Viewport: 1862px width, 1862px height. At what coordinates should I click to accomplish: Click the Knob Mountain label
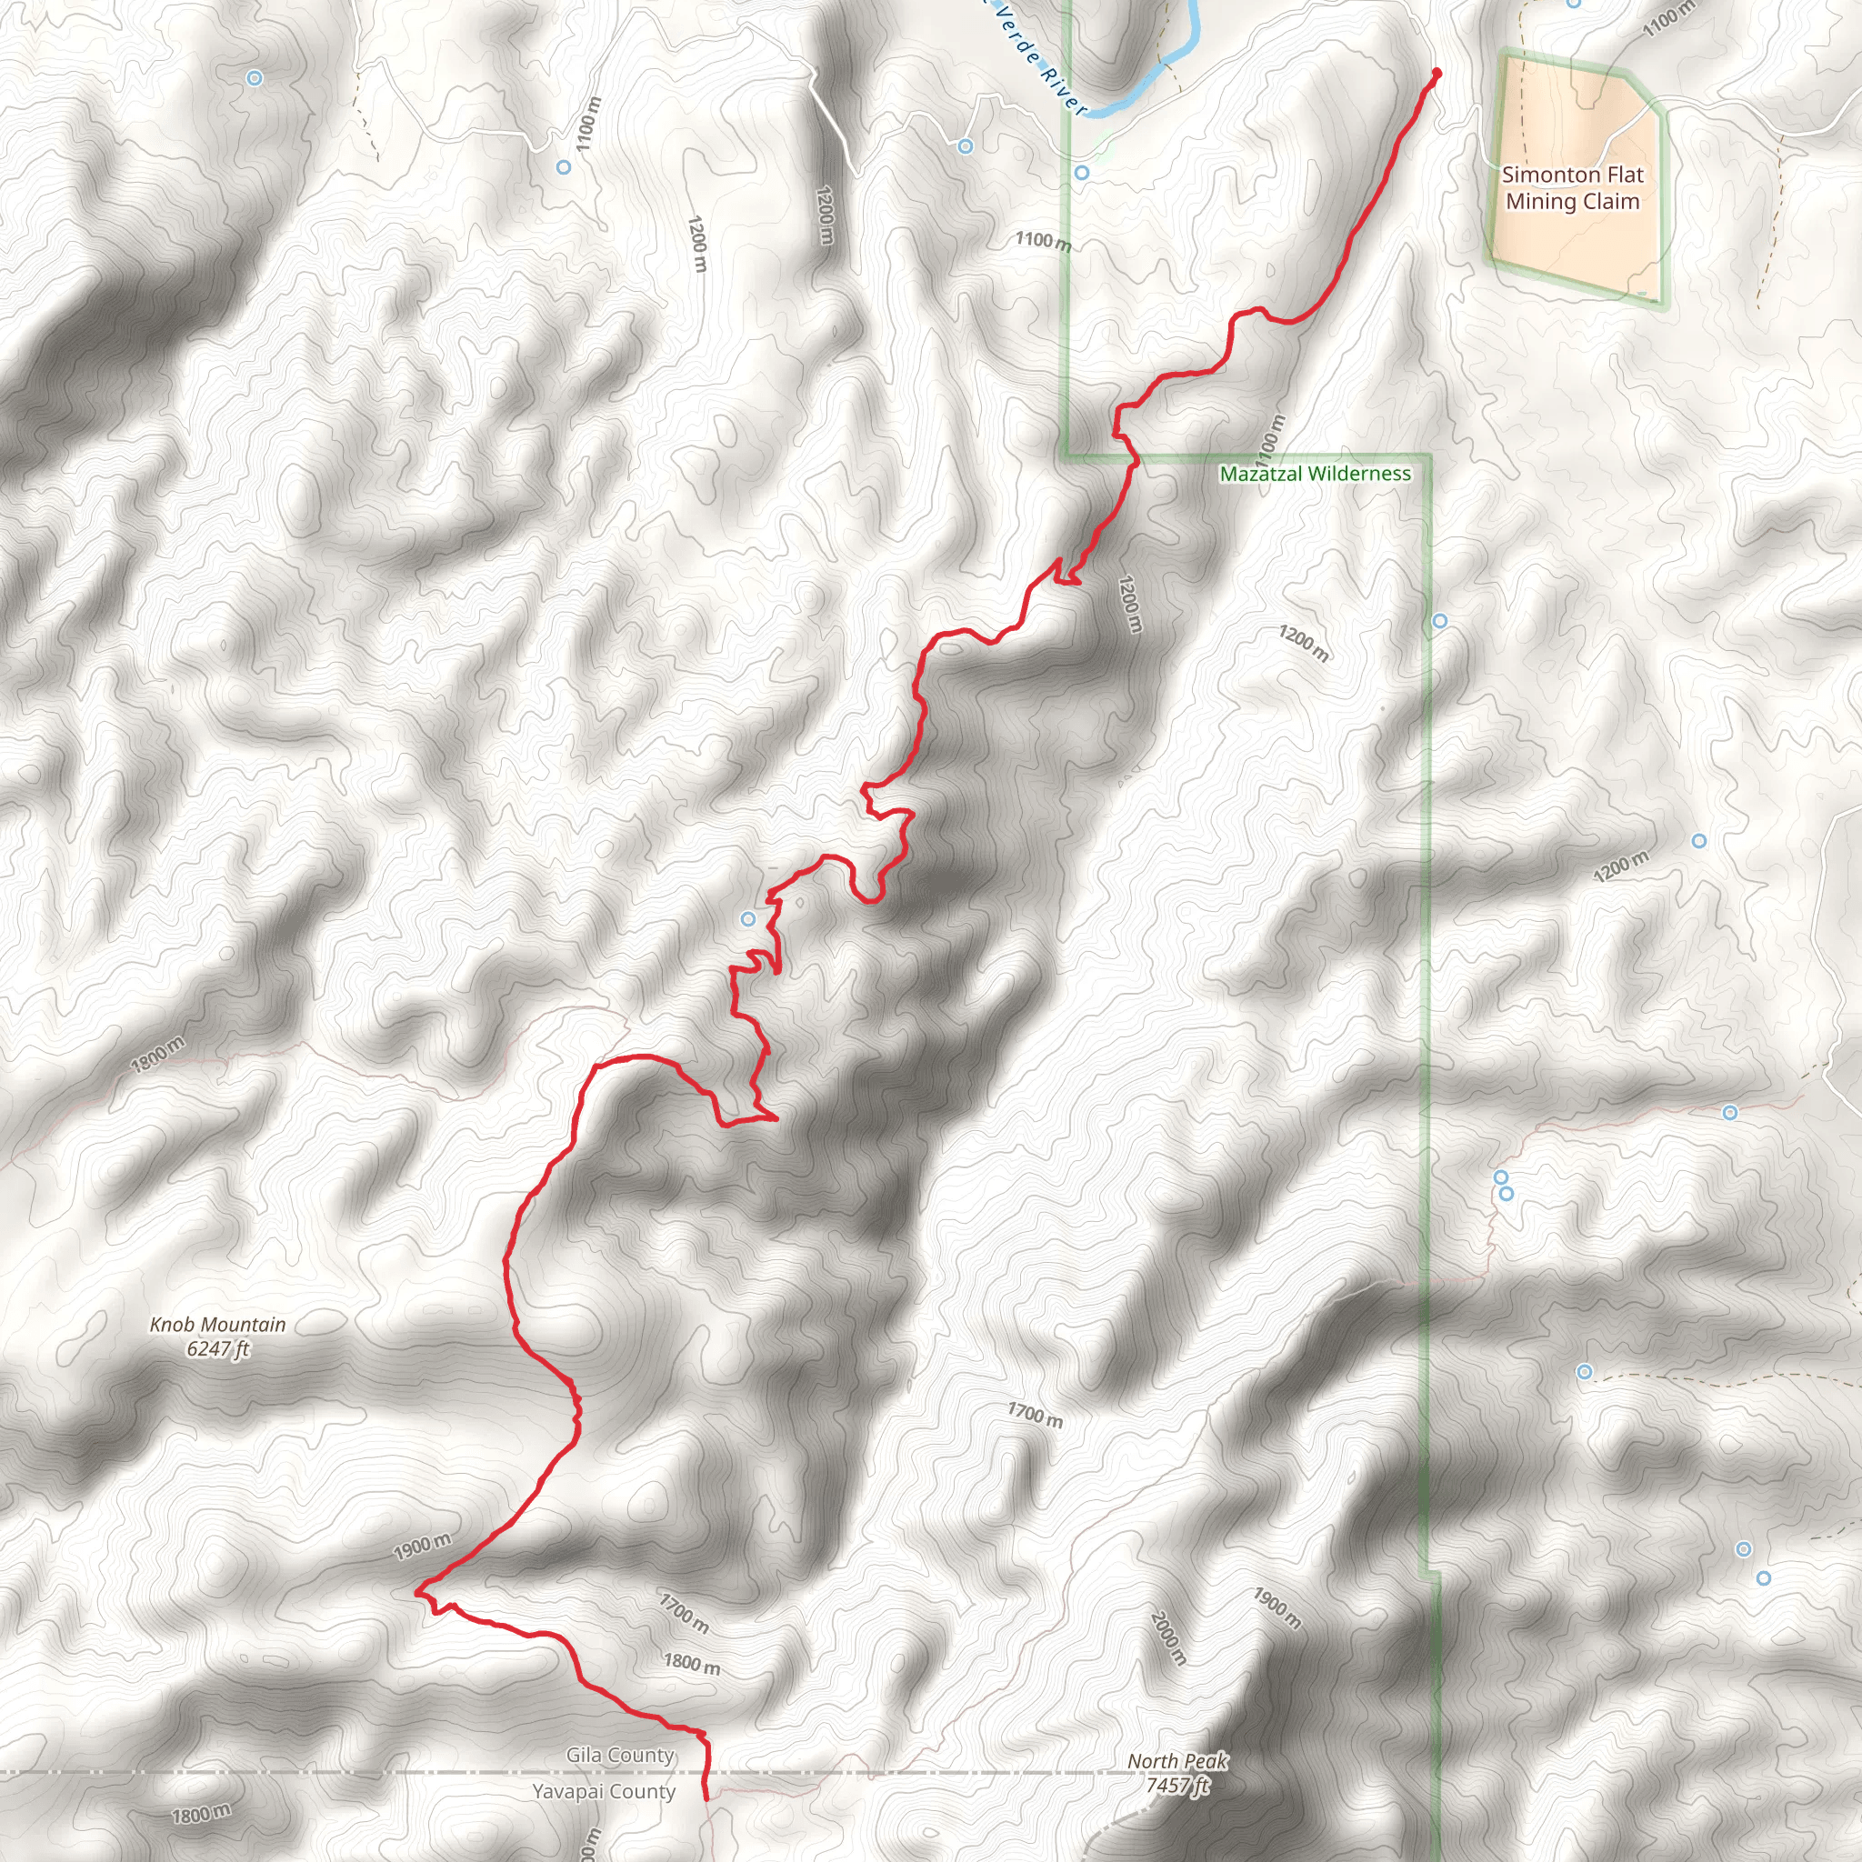218,1324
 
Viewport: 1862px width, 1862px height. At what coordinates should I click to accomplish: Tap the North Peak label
1176,1761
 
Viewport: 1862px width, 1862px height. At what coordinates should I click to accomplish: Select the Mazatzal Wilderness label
1315,473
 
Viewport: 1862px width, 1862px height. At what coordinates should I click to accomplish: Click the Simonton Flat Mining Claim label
1572,188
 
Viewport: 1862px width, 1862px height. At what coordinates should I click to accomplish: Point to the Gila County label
620,1755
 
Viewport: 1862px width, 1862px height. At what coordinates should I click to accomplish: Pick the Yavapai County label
604,1791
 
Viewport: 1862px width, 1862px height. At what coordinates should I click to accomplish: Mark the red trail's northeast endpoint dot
1436,74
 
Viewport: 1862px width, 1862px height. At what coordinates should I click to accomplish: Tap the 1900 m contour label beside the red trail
422,1546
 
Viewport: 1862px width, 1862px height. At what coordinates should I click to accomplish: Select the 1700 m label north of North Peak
1035,1415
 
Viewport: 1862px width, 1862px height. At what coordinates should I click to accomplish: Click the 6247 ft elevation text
218,1349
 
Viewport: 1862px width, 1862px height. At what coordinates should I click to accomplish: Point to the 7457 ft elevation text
1176,1785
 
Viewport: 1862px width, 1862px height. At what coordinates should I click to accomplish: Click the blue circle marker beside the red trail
748,918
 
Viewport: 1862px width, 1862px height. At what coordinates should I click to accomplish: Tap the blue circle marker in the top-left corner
254,78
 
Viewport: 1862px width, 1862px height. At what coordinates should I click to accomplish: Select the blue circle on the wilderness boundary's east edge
1439,621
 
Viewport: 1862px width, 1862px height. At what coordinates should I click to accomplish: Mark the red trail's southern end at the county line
706,1797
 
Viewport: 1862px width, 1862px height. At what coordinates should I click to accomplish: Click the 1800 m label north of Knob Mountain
158,1055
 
